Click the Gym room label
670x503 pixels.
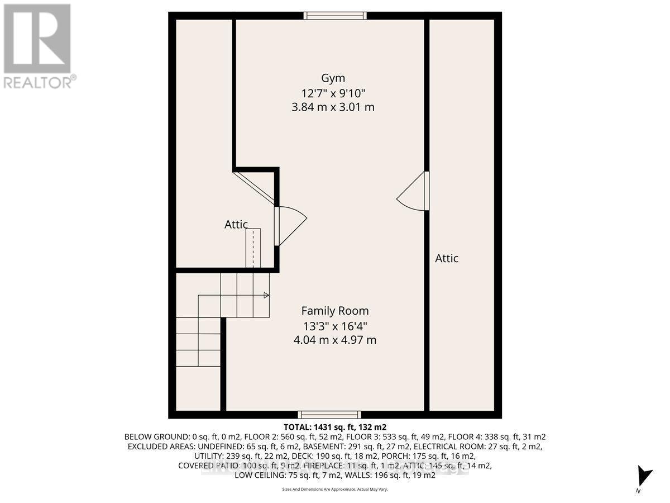point(333,78)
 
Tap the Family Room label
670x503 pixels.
point(335,311)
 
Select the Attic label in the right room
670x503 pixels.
point(447,258)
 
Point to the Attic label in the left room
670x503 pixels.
point(236,225)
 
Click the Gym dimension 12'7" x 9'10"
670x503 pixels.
point(333,92)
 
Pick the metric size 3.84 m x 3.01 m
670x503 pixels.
point(333,107)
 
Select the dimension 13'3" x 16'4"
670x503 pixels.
point(335,325)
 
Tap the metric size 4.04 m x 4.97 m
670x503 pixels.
point(335,340)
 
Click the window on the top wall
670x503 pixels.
point(335,16)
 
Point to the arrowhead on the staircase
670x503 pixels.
point(266,295)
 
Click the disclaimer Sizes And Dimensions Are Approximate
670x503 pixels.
point(335,490)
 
